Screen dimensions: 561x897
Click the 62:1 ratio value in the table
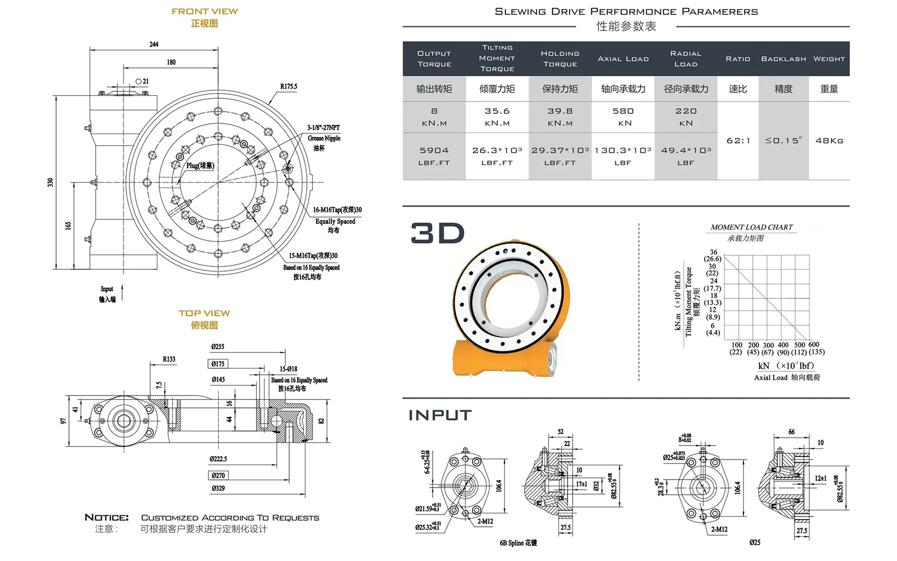[738, 141]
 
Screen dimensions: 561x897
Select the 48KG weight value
[829, 141]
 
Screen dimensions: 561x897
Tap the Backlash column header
[783, 59]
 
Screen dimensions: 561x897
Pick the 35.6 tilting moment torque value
[497, 111]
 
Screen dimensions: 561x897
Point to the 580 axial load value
[623, 111]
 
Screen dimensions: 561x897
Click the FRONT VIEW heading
[205, 11]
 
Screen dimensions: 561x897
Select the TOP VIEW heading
[204, 313]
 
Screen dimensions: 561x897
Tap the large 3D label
[437, 233]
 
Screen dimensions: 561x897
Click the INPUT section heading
[440, 415]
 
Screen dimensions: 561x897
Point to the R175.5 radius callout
[289, 86]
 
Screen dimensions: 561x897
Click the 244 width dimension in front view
[154, 44]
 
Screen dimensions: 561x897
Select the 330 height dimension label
[50, 182]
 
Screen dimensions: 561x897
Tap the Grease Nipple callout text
[323, 138]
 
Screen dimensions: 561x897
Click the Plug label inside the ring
[200, 165]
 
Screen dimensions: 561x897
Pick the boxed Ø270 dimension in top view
[219, 475]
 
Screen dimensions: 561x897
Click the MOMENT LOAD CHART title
[751, 227]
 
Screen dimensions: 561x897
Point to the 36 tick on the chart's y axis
[713, 252]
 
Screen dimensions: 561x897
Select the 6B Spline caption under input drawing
[518, 542]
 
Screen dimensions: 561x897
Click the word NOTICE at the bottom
[107, 517]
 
